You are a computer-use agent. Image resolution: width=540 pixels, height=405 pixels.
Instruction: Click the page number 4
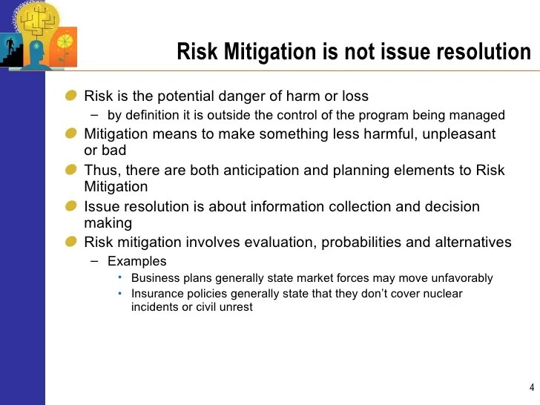point(532,387)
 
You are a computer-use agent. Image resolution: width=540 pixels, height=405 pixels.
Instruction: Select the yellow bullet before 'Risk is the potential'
point(71,96)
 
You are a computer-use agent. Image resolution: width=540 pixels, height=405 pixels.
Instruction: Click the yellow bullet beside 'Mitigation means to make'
point(71,134)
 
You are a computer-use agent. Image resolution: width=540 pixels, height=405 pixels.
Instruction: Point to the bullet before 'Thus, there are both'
point(71,170)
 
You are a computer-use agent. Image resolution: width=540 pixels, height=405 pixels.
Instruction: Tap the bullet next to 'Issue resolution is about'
point(71,206)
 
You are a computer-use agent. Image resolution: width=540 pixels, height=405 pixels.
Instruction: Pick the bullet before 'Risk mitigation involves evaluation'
point(71,242)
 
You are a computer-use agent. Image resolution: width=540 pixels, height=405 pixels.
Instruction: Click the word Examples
point(137,261)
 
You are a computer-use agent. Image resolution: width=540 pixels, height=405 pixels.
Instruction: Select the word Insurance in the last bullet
point(157,294)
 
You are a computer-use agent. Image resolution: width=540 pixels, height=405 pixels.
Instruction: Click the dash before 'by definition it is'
point(93,115)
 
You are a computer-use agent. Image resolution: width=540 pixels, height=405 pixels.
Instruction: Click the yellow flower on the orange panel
point(65,41)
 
